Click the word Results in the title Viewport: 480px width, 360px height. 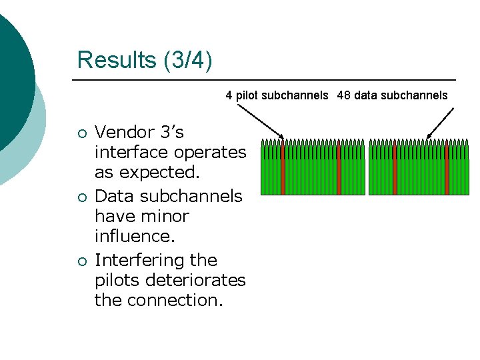(x=117, y=60)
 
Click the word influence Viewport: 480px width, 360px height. (x=132, y=236)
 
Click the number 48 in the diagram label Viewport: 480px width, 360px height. (x=344, y=95)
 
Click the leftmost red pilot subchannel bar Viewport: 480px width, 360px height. (x=283, y=167)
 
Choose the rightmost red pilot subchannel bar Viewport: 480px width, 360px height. (x=447, y=167)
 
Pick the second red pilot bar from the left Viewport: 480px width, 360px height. (x=339, y=167)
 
